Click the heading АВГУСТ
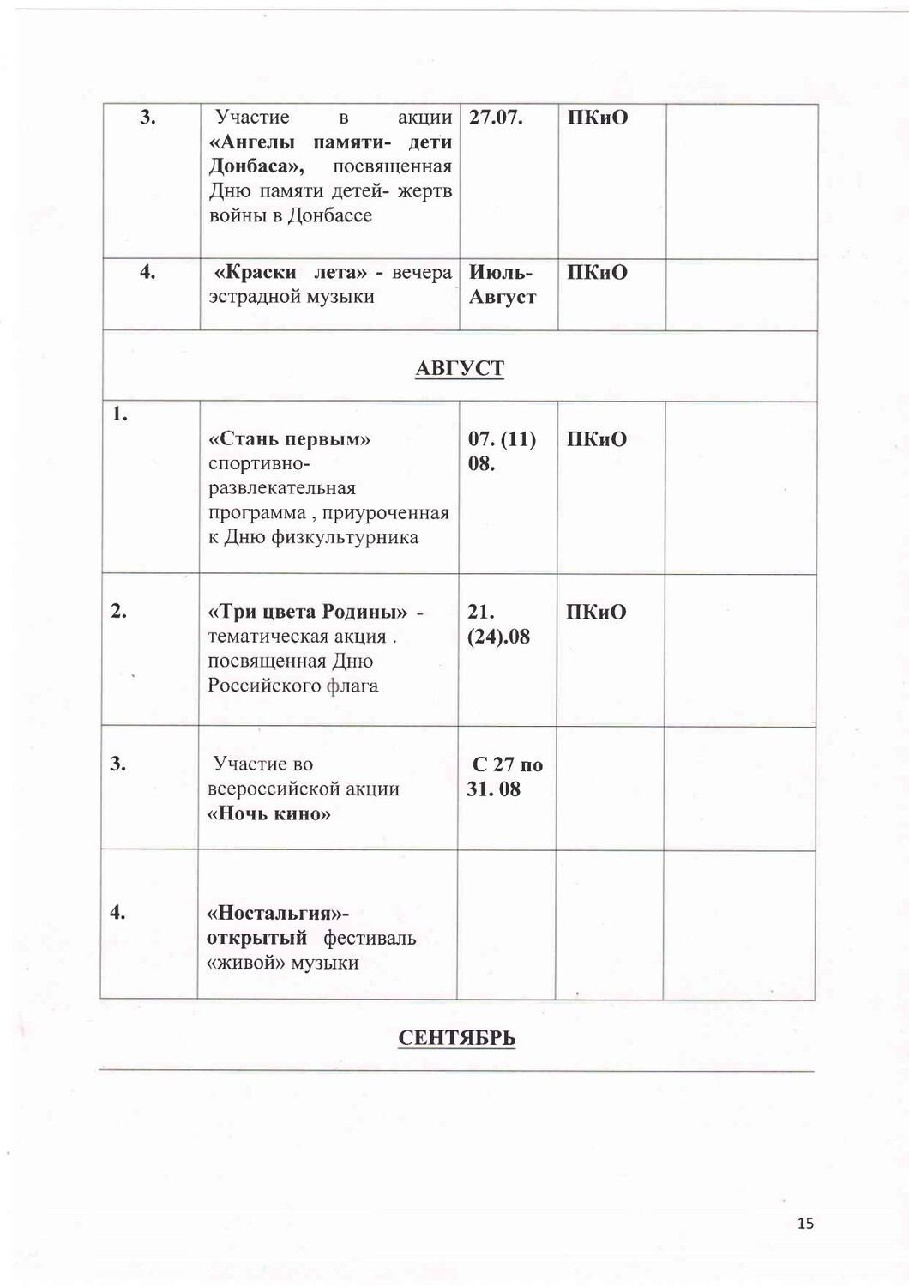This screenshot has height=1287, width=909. coord(460,368)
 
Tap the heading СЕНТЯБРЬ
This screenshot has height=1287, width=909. coord(457,1038)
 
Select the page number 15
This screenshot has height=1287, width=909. coord(804,1224)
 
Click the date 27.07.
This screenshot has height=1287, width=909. coord(496,118)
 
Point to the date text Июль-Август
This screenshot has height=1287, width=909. coord(503,285)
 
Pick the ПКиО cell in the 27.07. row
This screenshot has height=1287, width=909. coord(597,118)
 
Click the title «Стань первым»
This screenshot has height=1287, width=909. coord(290,439)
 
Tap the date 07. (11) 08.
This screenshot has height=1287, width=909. coord(502,451)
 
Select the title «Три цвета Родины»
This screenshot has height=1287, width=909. coord(308,612)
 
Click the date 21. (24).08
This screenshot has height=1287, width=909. coord(498,625)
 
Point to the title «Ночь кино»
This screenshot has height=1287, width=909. coord(269,813)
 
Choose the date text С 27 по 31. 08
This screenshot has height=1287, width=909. coord(506,777)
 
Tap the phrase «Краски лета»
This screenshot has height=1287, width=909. coord(291,273)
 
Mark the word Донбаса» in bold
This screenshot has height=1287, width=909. coord(256,166)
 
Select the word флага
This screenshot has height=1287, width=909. coord(352,686)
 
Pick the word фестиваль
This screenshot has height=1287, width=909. coord(370,938)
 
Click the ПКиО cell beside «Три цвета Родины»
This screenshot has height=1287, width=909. coord(596,613)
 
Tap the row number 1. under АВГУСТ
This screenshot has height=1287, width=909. coord(119,414)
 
